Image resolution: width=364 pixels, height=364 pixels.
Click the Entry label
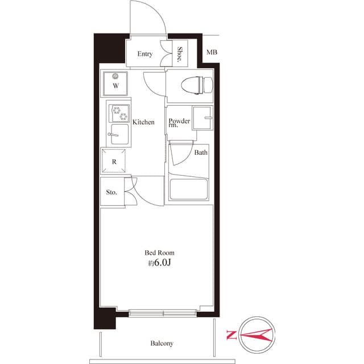coord(144,54)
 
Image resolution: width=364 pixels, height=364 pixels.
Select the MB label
coord(212,53)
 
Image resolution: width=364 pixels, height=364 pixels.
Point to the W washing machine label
coord(115,86)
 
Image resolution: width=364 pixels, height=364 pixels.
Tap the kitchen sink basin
coord(119,135)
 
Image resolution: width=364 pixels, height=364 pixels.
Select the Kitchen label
coord(143,122)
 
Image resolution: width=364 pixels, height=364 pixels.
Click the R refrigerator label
coord(114,162)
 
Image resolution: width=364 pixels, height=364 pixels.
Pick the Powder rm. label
coord(179,122)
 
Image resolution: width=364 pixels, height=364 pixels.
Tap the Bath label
coord(201,153)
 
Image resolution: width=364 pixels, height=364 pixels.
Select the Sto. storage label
coord(111,192)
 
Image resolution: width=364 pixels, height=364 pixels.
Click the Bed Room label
coord(159,253)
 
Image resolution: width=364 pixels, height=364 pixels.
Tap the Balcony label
coord(162,344)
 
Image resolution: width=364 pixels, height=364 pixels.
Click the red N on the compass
coord(230,334)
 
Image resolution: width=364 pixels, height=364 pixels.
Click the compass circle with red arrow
coord(257,334)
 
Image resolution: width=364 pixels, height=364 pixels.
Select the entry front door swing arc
coord(149,17)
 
